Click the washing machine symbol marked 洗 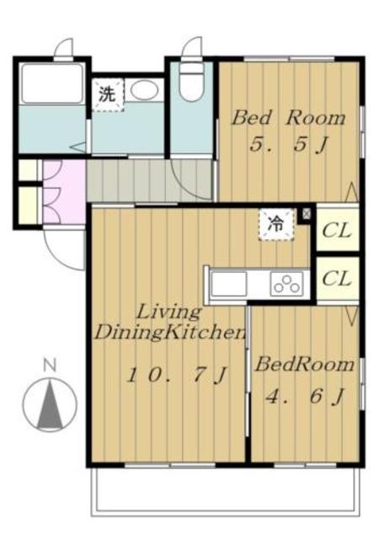[108, 94]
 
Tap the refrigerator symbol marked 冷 [277, 224]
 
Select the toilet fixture [192, 82]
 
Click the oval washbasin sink [144, 90]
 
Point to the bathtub [52, 83]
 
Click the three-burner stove [287, 284]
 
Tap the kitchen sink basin [229, 284]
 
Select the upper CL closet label [337, 230]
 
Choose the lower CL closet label [337, 279]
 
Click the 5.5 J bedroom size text [288, 144]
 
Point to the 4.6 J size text [304, 397]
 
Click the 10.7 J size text [176, 375]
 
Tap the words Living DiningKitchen [170, 323]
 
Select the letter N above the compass [50, 365]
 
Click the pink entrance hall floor [64, 192]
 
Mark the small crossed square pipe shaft [306, 214]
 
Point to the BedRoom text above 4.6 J [304, 365]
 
